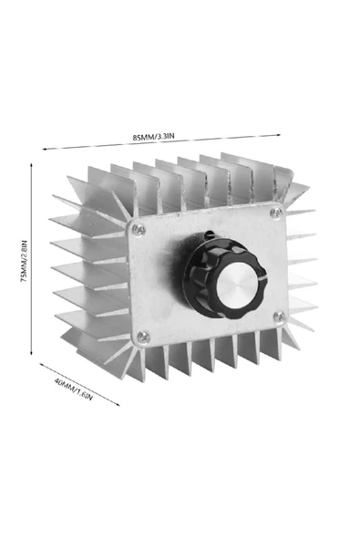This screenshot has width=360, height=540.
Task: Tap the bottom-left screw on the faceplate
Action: click(142, 337)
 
